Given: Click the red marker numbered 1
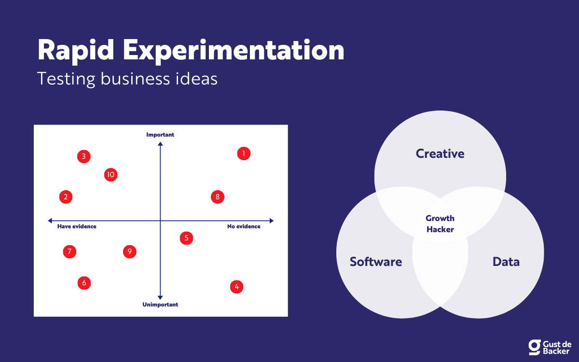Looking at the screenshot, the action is point(244,153).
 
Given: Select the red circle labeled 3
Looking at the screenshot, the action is point(84,156).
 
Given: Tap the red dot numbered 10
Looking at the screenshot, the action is point(110,175).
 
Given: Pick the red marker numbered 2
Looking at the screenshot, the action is point(66,197).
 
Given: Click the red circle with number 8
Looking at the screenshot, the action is point(218,197).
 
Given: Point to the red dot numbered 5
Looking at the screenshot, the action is point(186,238).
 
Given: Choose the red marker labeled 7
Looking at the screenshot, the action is point(69,251).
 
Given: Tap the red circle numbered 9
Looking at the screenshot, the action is point(129,251).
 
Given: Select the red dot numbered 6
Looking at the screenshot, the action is point(84,283).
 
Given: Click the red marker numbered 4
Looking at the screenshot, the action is point(236,287).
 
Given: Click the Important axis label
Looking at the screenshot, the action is point(160,135).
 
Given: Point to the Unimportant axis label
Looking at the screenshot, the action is point(160,305).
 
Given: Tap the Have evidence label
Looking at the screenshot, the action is point(77,226).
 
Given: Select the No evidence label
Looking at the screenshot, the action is point(244,226).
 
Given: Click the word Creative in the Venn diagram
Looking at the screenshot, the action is point(440,153).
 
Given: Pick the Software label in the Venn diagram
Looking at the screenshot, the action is point(376,262).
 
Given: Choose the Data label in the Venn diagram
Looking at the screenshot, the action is point(506,262).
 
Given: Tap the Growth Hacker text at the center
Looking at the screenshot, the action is point(440,223).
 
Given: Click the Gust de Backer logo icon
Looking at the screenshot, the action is point(535,347).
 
